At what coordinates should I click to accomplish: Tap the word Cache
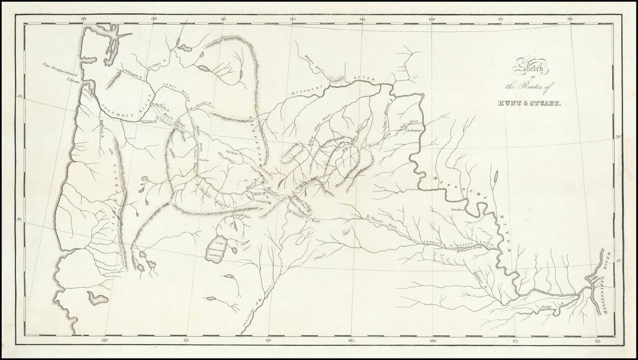pyautogui.click(x=204, y=160)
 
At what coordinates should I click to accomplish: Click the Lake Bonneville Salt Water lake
pyautogui.click(x=218, y=246)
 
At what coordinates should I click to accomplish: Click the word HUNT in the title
pyautogui.click(x=510, y=104)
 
